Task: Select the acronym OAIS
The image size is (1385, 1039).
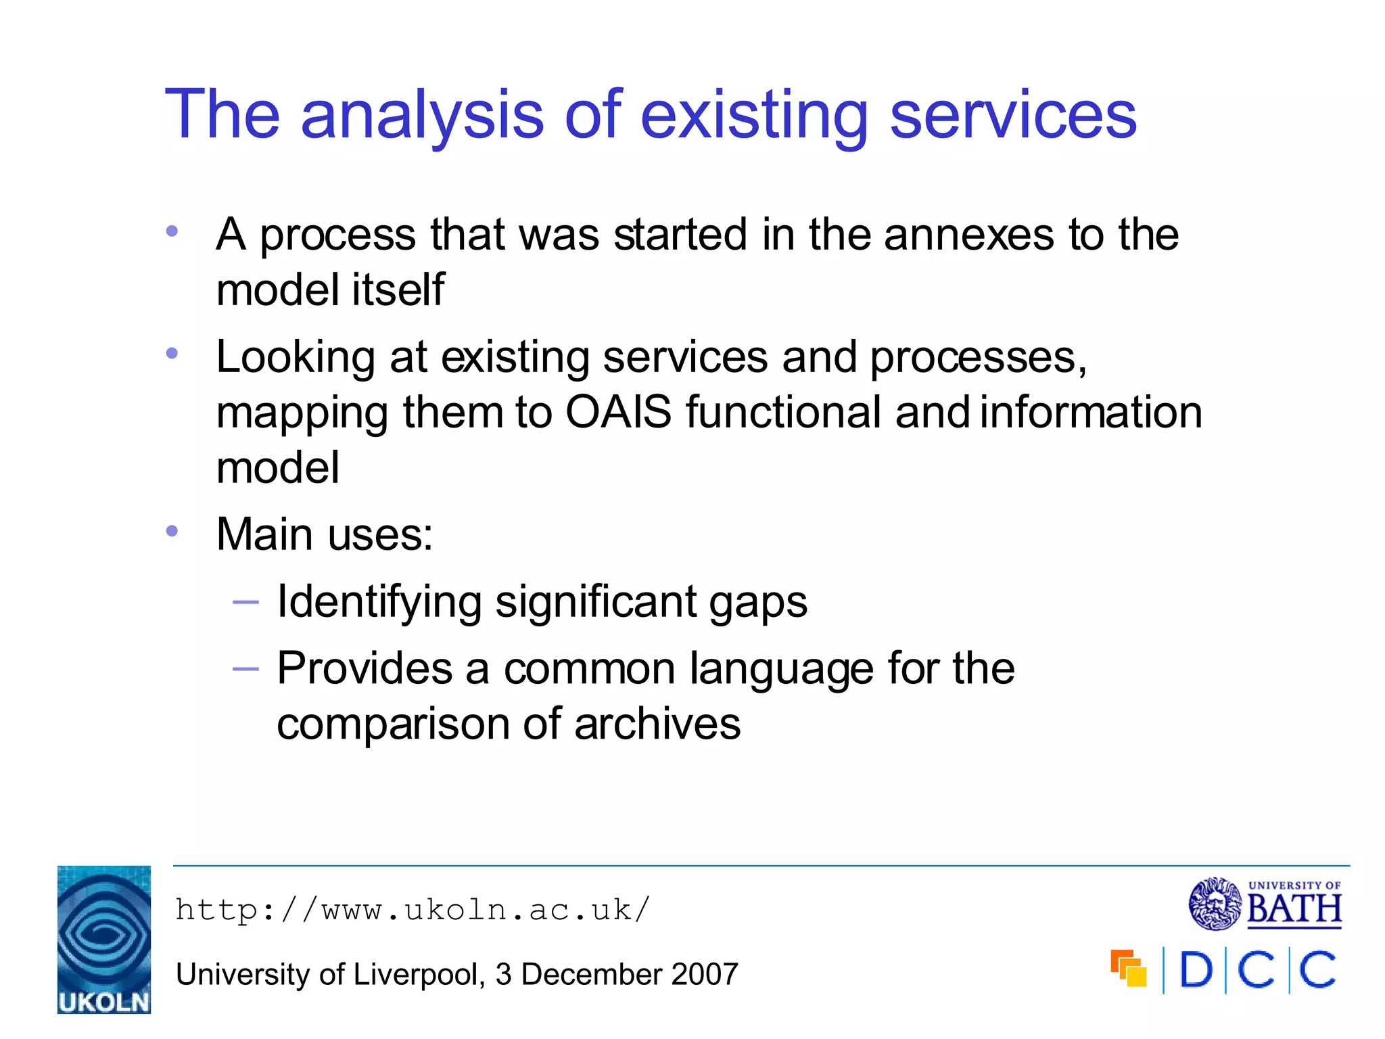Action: (618, 412)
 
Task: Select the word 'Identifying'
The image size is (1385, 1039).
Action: (379, 602)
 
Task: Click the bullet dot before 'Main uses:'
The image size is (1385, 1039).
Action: (172, 532)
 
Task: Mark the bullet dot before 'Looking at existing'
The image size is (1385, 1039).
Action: (172, 353)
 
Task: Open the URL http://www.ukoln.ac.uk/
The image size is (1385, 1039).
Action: (413, 910)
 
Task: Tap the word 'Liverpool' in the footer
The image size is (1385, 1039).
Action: (416, 975)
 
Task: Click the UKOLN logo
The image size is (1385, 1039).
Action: (104, 940)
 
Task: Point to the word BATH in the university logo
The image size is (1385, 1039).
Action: (1294, 908)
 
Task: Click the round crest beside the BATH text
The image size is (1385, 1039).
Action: (1215, 904)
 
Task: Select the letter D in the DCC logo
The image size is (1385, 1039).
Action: (1196, 971)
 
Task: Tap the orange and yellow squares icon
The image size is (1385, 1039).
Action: (1129, 969)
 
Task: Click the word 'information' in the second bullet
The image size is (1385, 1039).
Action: (1091, 412)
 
